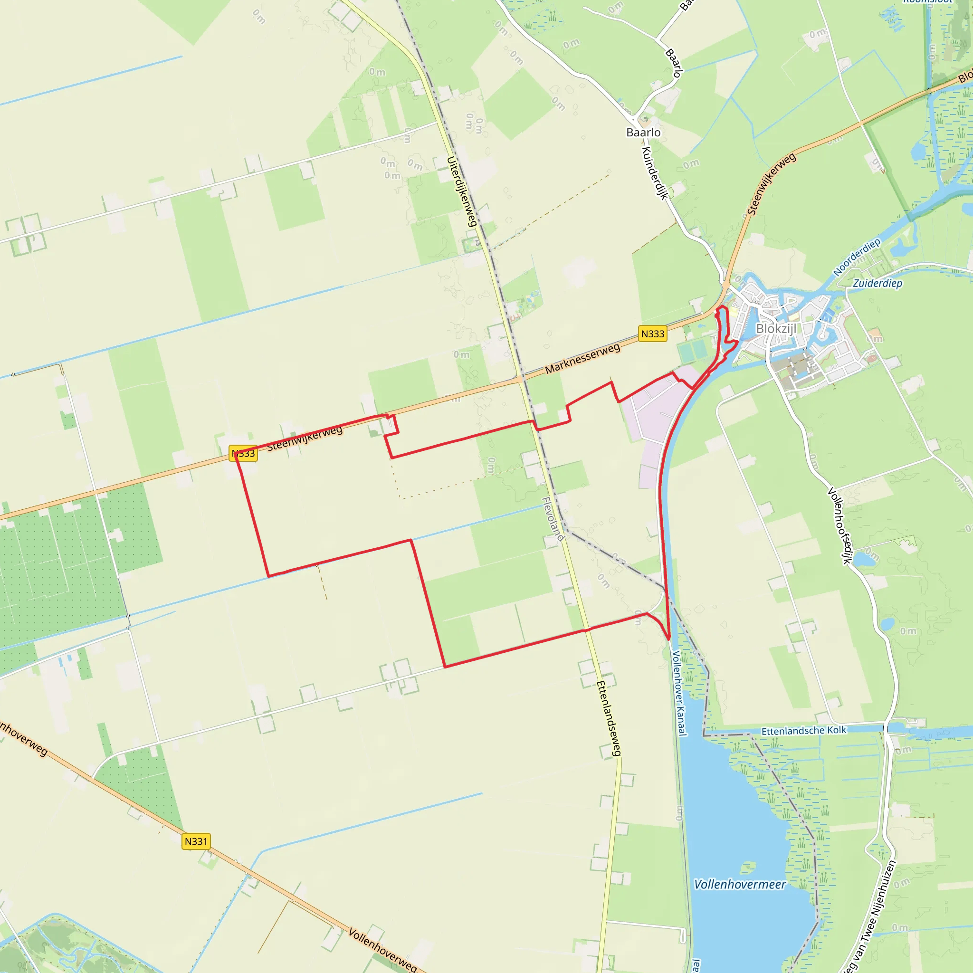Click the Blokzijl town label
(776, 329)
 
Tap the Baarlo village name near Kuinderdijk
(643, 133)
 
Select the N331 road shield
(196, 841)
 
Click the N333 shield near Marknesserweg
(652, 334)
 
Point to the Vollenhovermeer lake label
(739, 885)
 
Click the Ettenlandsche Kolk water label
(803, 731)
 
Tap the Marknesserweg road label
(582, 359)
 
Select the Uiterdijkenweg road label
(462, 191)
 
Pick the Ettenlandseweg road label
(609, 718)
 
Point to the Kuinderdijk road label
(655, 173)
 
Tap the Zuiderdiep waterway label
(877, 284)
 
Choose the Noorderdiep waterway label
(856, 258)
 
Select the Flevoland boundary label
(553, 519)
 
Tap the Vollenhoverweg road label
(383, 950)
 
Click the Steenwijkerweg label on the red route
(305, 439)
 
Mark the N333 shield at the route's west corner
(243, 453)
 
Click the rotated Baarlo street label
(674, 63)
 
